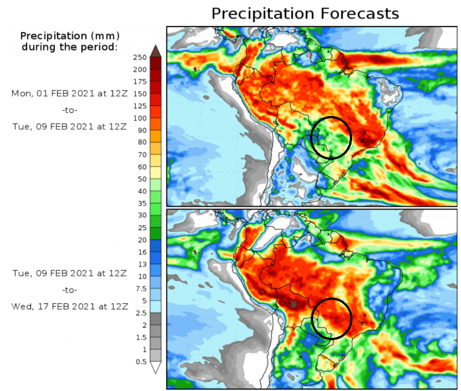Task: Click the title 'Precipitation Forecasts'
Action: click(x=305, y=13)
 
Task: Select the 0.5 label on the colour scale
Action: click(x=142, y=361)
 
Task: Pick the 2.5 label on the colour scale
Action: click(x=142, y=313)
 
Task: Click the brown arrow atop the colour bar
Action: click(x=155, y=50)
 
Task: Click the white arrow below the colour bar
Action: click(x=155, y=368)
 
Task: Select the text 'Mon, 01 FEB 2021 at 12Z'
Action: click(x=70, y=94)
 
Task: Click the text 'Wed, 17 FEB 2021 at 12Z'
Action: click(x=70, y=306)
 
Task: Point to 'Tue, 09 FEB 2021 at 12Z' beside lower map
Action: click(x=70, y=273)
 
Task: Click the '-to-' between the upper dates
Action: click(x=70, y=110)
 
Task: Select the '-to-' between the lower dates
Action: click(x=70, y=289)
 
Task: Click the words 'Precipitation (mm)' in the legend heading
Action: click(x=70, y=36)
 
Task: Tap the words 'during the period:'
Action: click(x=70, y=47)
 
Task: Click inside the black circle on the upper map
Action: click(x=331, y=137)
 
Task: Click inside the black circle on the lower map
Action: click(x=331, y=319)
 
